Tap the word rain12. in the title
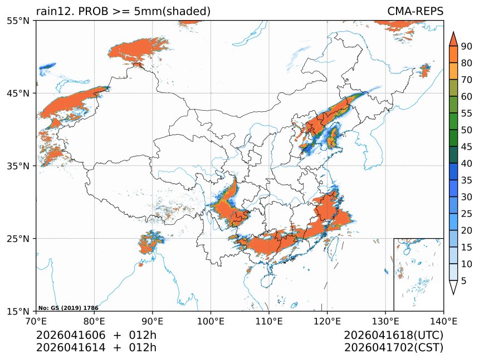pyautogui.click(x=52, y=11)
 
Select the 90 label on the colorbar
pyautogui.click(x=466, y=46)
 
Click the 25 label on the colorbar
pyautogui.click(x=466, y=214)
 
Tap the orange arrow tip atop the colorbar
pyautogui.click(x=453, y=38)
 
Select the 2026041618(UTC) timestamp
pyautogui.click(x=393, y=336)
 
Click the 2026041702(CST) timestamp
pyautogui.click(x=393, y=348)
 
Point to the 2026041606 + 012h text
pyautogui.click(x=96, y=336)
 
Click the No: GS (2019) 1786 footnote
pyautogui.click(x=68, y=308)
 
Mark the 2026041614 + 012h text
pyautogui.click(x=96, y=348)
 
